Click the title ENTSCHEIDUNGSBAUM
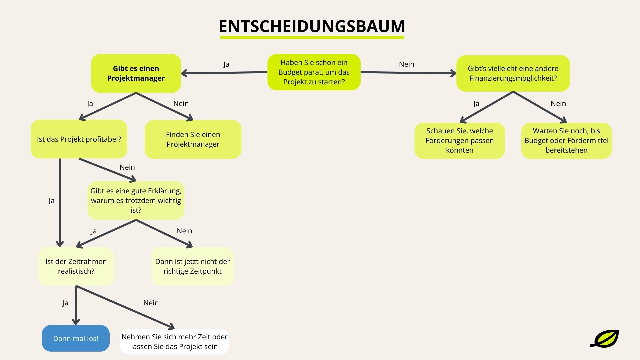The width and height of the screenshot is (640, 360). (312, 26)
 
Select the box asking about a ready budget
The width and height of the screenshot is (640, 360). (314, 72)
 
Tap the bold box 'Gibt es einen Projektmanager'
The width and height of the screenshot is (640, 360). (136, 73)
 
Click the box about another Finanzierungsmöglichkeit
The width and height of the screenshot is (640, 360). (513, 73)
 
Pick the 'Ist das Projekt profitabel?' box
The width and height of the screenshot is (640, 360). (79, 139)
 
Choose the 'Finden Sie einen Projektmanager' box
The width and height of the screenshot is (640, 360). (193, 139)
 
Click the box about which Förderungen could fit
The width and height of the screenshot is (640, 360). (459, 140)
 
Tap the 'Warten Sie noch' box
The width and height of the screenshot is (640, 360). (566, 140)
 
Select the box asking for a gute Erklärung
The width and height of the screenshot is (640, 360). (136, 200)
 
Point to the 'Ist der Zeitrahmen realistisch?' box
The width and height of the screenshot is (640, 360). (76, 266)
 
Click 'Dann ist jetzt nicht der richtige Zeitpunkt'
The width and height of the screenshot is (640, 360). (192, 266)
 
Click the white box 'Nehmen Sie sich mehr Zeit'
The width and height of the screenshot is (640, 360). (174, 341)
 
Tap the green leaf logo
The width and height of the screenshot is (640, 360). (605, 339)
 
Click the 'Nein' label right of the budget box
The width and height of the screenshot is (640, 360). (406, 64)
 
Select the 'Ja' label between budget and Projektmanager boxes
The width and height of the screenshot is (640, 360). (226, 64)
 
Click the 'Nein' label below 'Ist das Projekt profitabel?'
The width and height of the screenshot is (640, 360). (127, 167)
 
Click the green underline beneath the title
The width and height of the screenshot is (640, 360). (312, 37)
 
